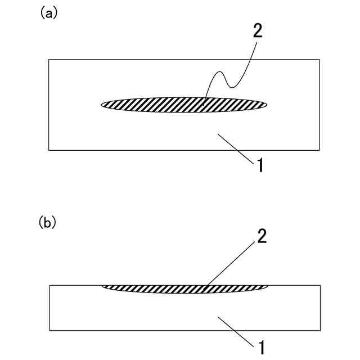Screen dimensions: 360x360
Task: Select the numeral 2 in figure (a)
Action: point(257,31)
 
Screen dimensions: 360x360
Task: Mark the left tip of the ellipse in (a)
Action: point(102,104)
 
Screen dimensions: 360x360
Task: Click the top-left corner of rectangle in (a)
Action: point(49,60)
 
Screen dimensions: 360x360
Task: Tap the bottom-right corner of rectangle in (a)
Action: point(319,150)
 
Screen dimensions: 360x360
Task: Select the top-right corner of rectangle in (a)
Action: point(319,60)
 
